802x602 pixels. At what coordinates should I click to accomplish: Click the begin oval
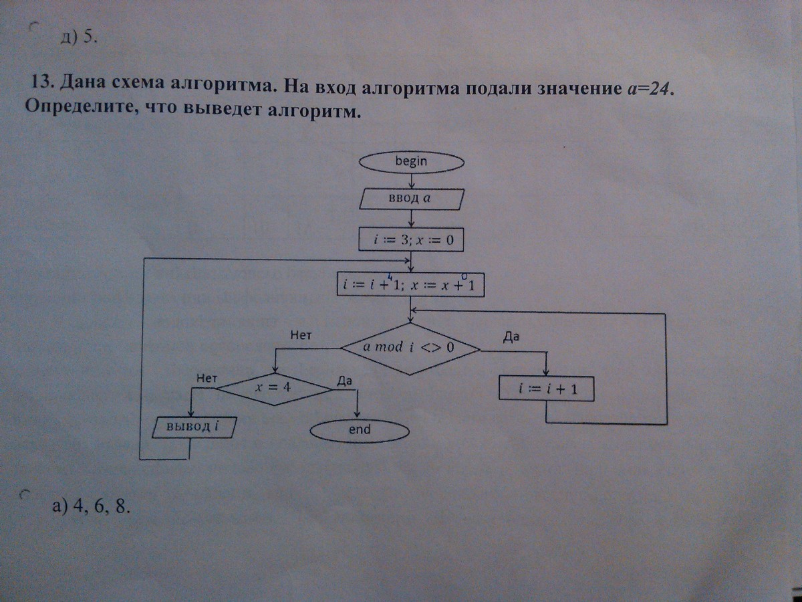coord(412,162)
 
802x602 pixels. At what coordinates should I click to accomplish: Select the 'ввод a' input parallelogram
coord(412,199)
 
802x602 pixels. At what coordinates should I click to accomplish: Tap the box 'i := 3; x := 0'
coord(411,239)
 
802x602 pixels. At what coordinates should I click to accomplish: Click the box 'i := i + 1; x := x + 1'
coord(410,284)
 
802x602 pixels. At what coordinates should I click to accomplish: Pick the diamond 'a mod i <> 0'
coord(410,348)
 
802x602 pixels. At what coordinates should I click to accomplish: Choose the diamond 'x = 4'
coord(274,389)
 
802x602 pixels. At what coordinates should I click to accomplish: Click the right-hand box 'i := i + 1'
coord(546,389)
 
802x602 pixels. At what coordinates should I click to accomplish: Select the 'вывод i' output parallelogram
coord(194,427)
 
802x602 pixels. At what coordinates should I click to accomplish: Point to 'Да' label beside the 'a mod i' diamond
coord(511,337)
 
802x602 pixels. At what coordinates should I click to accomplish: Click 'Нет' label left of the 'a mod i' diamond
coord(301,335)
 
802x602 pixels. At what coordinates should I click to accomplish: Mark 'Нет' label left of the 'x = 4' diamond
coord(207,378)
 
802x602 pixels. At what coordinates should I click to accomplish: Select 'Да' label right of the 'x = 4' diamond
coord(344,381)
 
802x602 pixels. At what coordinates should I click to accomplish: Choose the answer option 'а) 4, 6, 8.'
coord(92,506)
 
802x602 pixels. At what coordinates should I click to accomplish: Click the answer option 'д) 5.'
coord(79,37)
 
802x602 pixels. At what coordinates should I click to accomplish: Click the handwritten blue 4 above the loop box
coord(390,278)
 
